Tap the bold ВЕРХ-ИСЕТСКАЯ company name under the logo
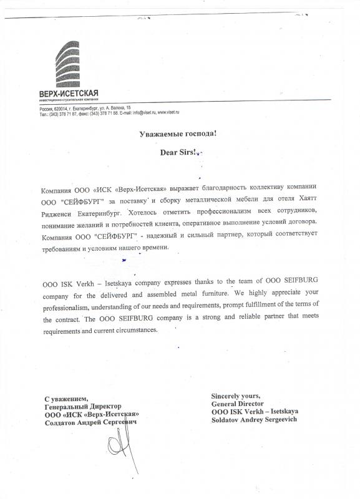click(68, 94)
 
